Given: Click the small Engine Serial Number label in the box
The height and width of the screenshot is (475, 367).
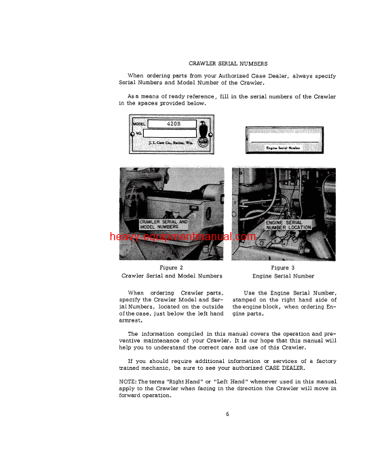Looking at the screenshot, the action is [283, 147].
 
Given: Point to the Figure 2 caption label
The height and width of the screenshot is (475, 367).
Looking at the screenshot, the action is [171, 267].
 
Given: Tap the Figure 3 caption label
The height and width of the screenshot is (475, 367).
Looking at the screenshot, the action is [283, 267].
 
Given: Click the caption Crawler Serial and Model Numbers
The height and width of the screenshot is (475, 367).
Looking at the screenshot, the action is [171, 276].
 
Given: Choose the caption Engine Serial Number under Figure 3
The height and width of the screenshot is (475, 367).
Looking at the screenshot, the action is [283, 276].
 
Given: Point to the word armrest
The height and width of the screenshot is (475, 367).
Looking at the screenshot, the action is [132, 322].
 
